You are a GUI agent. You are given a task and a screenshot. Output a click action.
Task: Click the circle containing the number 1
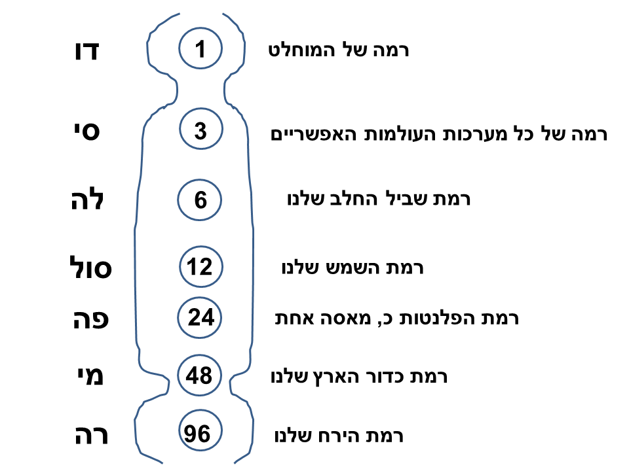click(200, 49)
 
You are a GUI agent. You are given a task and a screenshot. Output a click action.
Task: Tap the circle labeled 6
click(200, 200)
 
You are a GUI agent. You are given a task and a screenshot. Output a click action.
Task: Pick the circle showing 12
click(200, 267)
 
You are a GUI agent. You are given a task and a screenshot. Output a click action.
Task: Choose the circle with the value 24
click(200, 318)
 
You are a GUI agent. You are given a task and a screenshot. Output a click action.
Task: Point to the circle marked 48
click(200, 376)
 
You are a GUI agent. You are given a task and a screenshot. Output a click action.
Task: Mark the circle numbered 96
click(200, 434)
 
